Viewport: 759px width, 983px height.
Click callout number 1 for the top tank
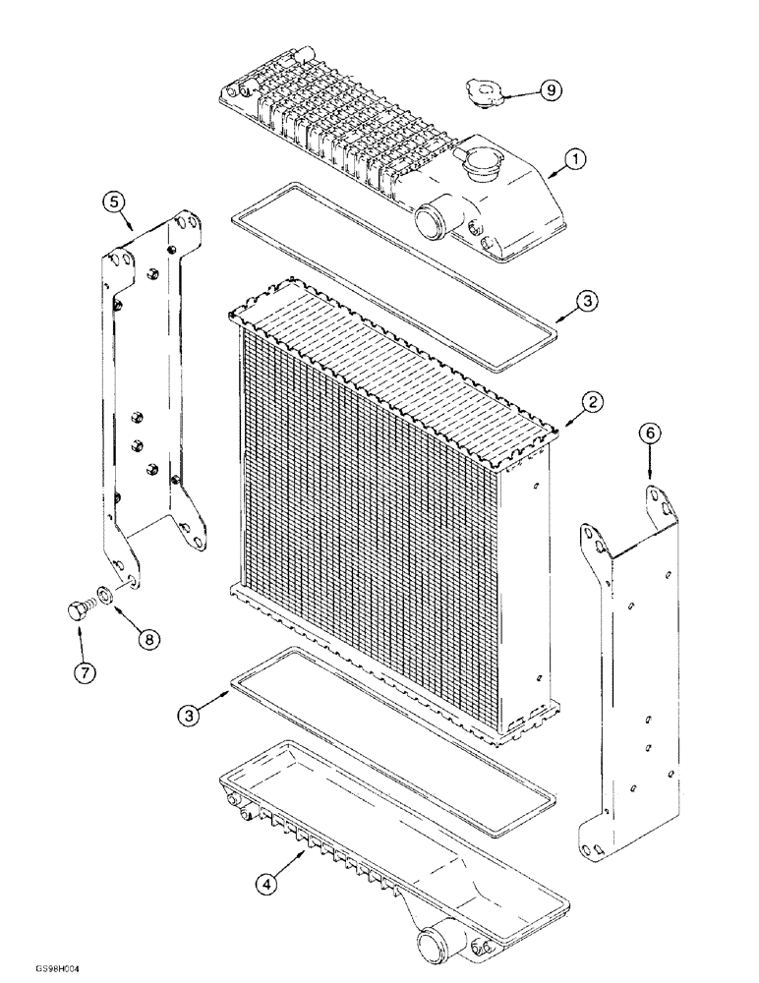pyautogui.click(x=577, y=157)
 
